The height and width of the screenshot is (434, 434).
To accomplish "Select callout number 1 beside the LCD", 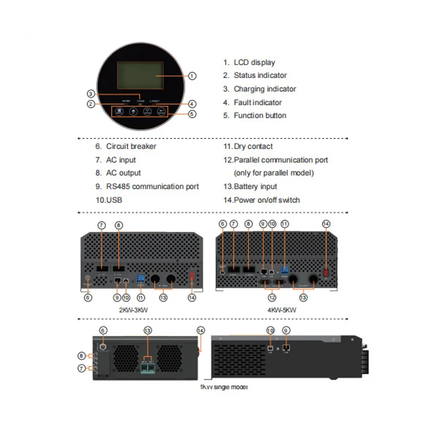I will click(x=192, y=77).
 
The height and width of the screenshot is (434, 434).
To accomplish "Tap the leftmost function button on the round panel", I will click(x=118, y=111).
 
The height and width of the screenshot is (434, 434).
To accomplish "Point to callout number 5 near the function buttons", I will click(x=192, y=114).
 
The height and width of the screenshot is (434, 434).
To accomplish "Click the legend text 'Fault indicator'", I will click(x=257, y=102).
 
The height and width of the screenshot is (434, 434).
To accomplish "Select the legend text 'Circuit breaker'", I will click(x=131, y=146).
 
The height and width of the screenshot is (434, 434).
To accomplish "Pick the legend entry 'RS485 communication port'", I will click(x=152, y=187).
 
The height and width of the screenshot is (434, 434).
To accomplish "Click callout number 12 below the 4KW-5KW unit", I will click(x=272, y=297).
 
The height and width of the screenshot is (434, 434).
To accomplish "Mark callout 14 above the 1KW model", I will click(x=201, y=330).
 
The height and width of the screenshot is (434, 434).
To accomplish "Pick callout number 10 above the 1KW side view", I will click(x=270, y=330).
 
